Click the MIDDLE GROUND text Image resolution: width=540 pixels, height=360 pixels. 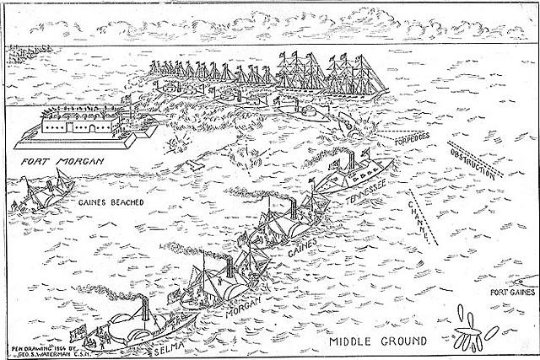click(x=366, y=342)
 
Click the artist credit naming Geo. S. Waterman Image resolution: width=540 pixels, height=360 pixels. click(x=41, y=349)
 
